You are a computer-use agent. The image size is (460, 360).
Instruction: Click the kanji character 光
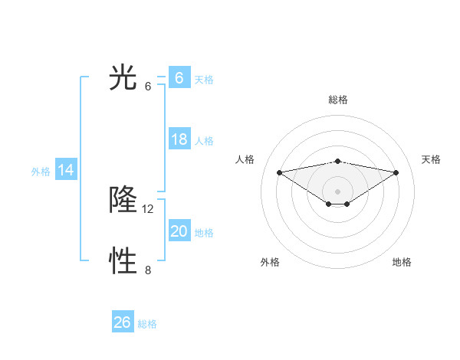click(x=123, y=78)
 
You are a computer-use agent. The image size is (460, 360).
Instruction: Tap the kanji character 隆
click(x=123, y=201)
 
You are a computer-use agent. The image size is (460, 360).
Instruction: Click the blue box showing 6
click(x=179, y=78)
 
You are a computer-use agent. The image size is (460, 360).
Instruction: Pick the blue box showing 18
click(x=179, y=139)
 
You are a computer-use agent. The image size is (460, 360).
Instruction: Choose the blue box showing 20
click(x=179, y=231)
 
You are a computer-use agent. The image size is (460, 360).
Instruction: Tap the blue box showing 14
click(x=66, y=170)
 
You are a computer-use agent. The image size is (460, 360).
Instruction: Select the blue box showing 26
click(x=122, y=322)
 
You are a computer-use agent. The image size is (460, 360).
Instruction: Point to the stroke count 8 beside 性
click(x=148, y=270)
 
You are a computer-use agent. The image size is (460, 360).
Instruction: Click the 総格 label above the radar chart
click(x=337, y=100)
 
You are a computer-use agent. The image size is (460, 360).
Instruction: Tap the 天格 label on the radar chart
click(x=431, y=159)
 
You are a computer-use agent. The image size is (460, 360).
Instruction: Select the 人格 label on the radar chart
click(x=245, y=159)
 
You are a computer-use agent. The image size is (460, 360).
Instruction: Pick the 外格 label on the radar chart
click(x=269, y=262)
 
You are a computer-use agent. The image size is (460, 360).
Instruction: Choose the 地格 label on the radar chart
click(x=402, y=262)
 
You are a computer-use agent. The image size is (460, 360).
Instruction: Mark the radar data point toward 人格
click(x=279, y=172)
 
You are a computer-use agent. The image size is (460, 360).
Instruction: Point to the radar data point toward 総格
click(x=337, y=161)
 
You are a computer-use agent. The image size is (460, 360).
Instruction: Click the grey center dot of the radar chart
click(x=337, y=190)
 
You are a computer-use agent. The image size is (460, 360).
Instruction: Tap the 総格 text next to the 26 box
click(x=147, y=324)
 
